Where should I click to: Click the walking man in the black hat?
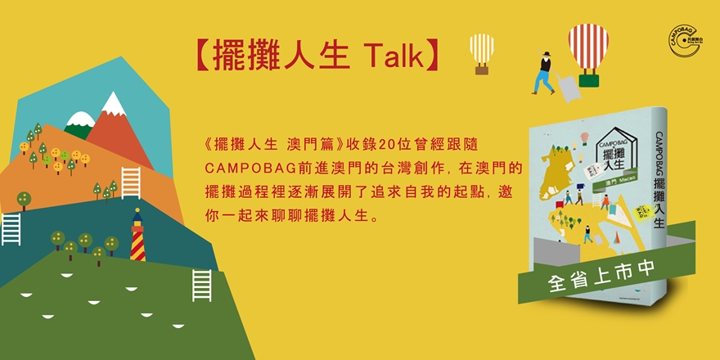coord(542,71)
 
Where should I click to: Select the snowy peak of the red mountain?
coord(111,103)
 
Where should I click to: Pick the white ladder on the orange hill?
coord(131,182)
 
